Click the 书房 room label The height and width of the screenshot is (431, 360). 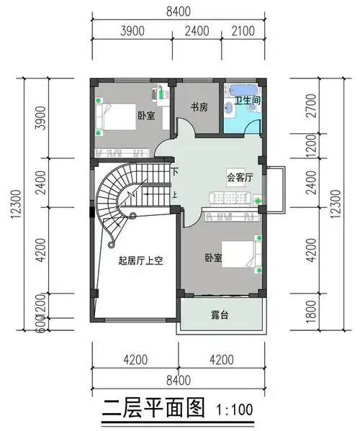(x=199, y=107)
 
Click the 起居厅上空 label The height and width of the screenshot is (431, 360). (x=141, y=261)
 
